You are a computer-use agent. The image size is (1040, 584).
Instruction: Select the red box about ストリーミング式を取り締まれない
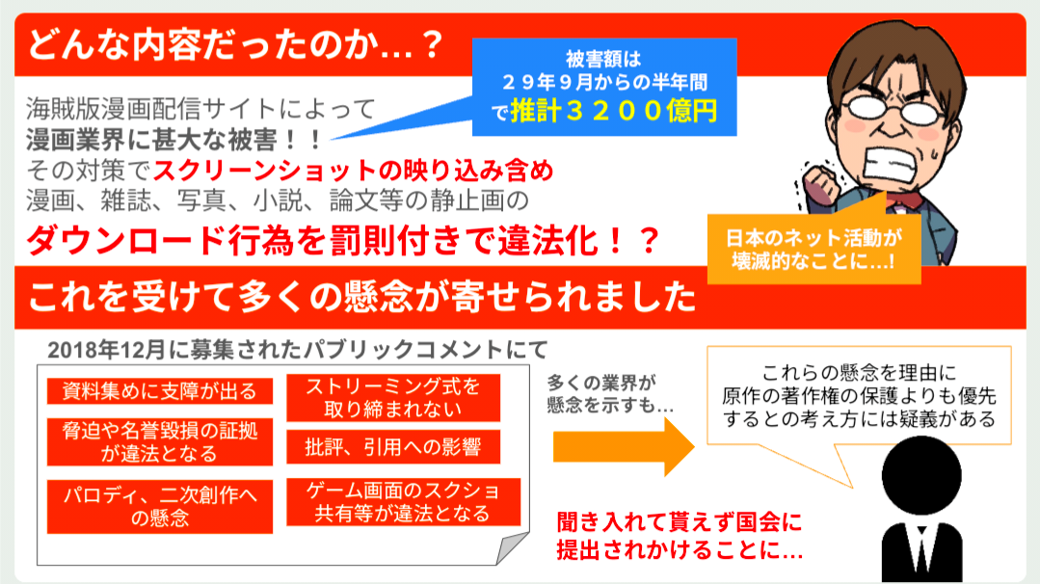coord(392,397)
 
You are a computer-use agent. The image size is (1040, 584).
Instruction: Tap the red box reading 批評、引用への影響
coord(392,446)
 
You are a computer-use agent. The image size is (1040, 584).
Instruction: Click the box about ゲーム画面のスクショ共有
coord(403,501)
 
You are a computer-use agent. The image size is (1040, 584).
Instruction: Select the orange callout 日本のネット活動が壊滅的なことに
coord(814,249)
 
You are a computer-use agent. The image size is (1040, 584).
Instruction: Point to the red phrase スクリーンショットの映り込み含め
coord(353,172)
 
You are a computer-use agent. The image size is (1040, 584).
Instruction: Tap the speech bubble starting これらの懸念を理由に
coord(858,395)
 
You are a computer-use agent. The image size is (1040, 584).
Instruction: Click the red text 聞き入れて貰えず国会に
coord(680,525)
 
